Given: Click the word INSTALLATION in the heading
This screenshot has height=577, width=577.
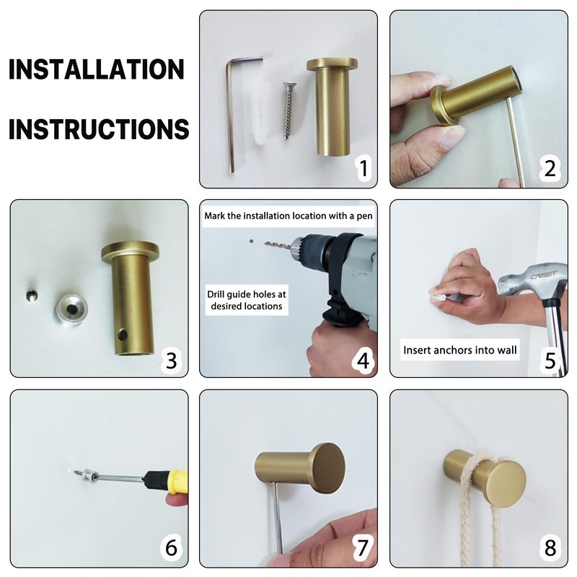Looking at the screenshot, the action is coord(96,69).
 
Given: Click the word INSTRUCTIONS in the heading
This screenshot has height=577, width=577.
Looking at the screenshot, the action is coord(99,129).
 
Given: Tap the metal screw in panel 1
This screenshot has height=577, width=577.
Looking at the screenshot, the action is coord(287,111).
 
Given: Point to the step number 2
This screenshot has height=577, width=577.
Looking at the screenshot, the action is coord(550,169).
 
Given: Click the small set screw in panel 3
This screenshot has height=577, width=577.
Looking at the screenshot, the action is coord(32,296).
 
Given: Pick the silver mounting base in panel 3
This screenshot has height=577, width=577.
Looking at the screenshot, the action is coord(71,310).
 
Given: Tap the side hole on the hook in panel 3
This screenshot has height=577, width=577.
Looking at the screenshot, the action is coord(123,335).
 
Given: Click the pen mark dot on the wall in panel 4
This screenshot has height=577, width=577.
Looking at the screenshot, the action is coord(251,242).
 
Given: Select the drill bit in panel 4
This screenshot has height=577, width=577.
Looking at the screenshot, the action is coord(278,245).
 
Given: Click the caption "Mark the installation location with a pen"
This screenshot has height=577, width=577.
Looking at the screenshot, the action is coord(288,216).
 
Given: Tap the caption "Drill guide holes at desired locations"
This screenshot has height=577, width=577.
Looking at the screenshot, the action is coord(247,300).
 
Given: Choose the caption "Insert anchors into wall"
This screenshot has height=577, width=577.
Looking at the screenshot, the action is coord(460,350).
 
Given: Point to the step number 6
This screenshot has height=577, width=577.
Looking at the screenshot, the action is coord(172,547).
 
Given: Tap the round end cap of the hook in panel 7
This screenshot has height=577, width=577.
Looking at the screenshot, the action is coord(328,467).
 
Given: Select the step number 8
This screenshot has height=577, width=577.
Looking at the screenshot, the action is coord(550,548).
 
